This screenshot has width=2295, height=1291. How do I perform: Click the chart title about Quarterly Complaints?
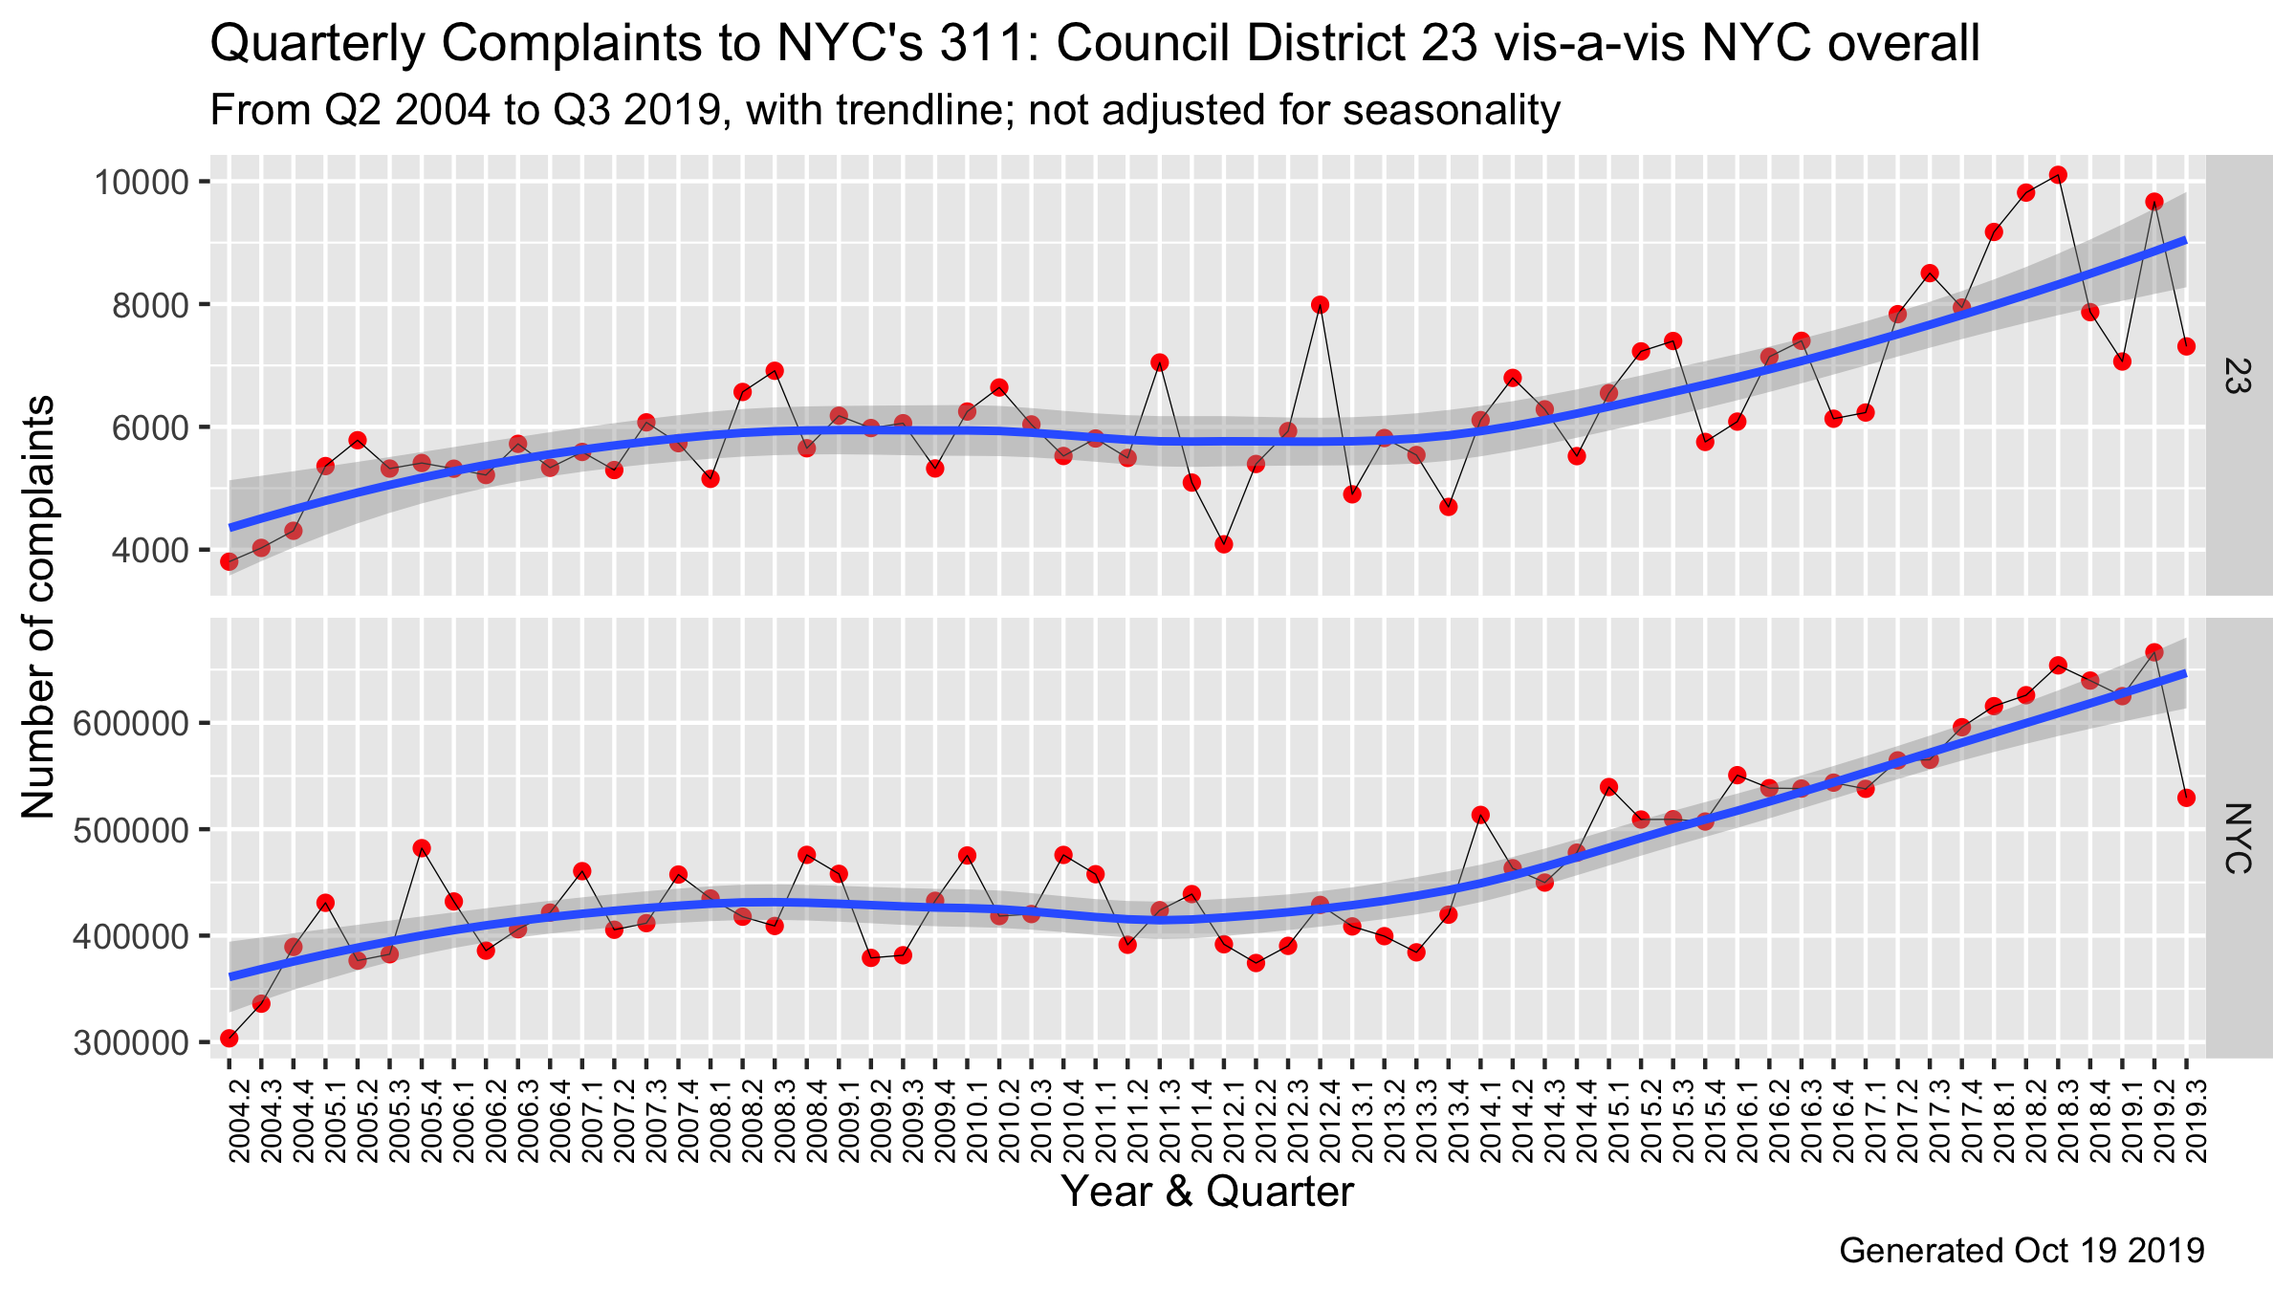click(1094, 44)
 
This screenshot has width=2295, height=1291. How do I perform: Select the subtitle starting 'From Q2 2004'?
click(885, 111)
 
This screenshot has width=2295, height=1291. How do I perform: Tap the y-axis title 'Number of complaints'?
click(38, 608)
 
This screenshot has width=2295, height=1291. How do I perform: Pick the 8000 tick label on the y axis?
click(148, 305)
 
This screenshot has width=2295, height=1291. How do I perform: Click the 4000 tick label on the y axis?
click(148, 550)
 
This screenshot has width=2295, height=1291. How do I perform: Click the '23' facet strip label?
click(2238, 375)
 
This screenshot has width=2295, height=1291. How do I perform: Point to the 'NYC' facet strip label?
click(2238, 838)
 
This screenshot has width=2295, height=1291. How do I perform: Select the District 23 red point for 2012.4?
click(1320, 305)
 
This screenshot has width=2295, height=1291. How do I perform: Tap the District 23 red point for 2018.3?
click(2058, 175)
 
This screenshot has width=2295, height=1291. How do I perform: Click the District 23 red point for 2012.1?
click(1223, 544)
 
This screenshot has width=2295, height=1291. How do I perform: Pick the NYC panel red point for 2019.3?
click(2186, 798)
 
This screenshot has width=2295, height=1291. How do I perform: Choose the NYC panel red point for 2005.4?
click(422, 848)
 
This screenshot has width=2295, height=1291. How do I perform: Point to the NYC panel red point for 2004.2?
click(229, 1039)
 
